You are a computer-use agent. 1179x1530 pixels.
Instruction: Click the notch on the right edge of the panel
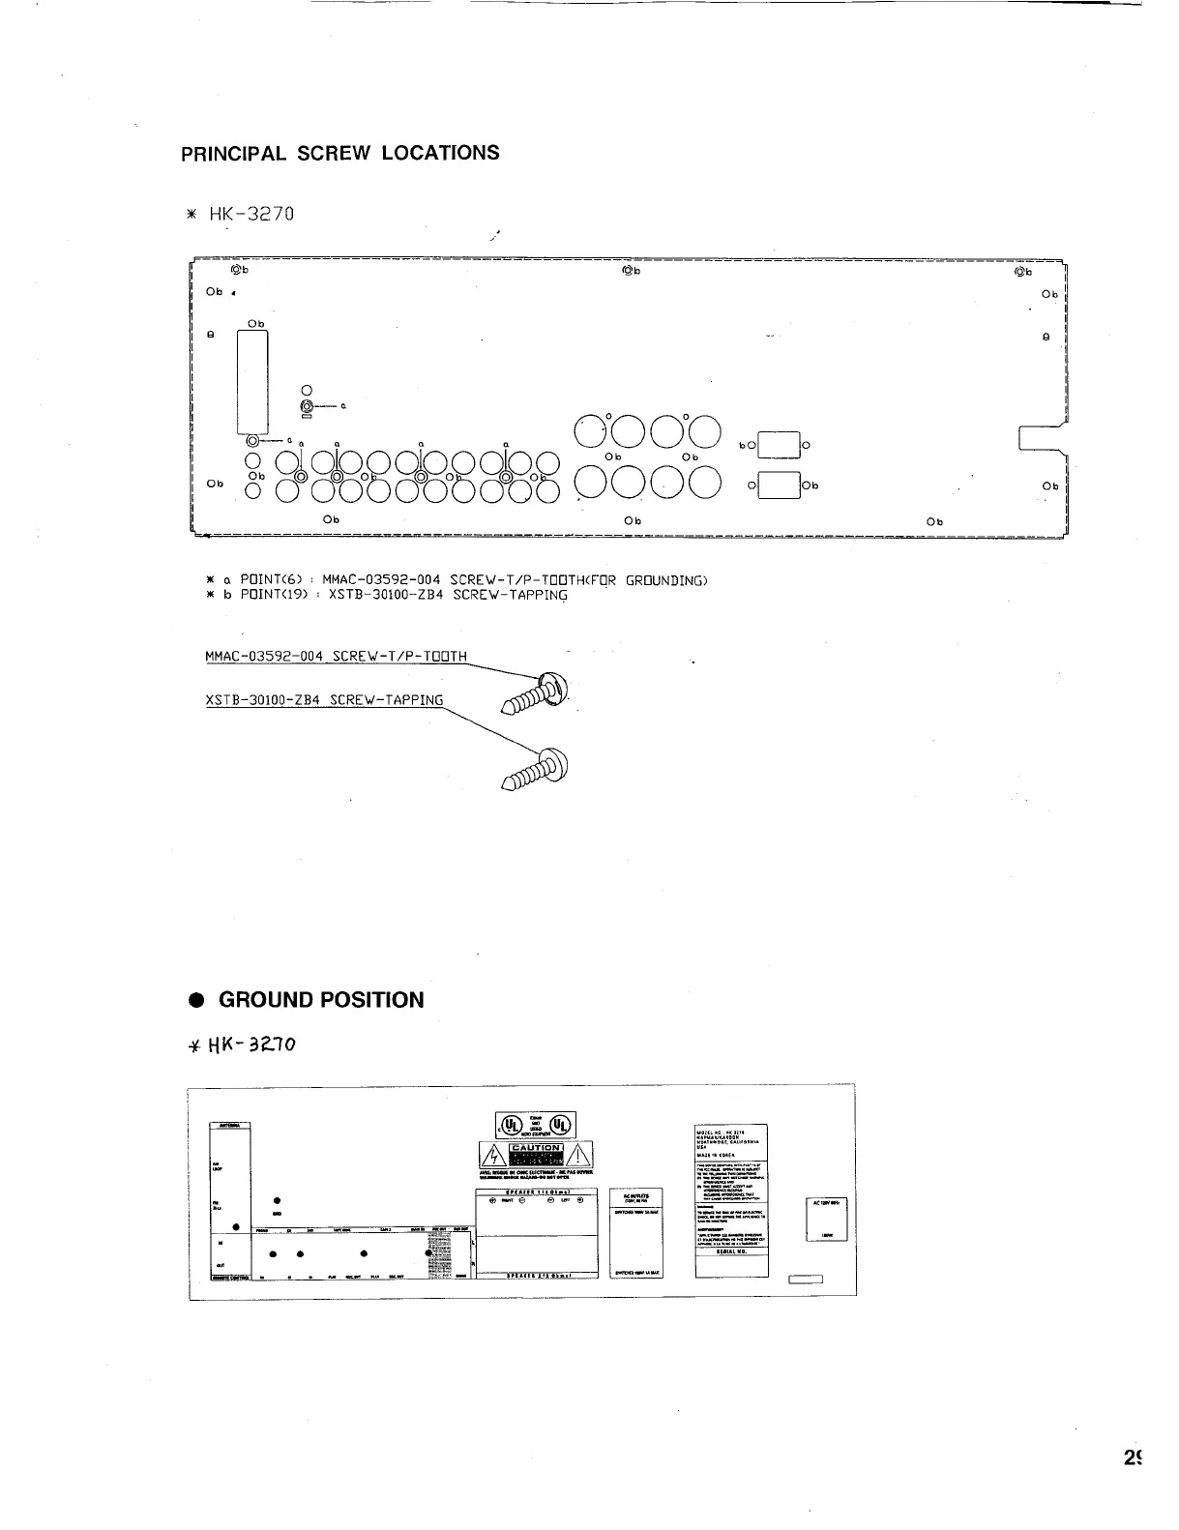[x=1042, y=437]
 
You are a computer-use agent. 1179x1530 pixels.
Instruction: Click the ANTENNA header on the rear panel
[x=230, y=1124]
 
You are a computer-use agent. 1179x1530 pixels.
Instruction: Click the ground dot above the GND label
[x=278, y=1200]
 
